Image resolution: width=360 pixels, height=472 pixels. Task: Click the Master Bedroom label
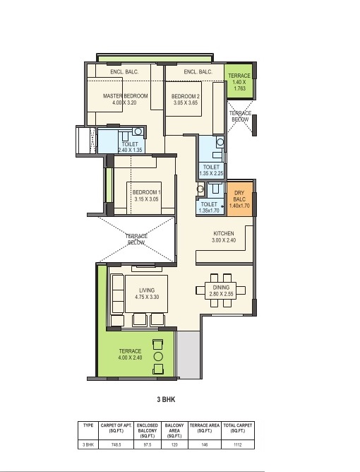tap(126, 96)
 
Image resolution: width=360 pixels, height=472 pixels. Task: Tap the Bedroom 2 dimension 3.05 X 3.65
tap(186, 102)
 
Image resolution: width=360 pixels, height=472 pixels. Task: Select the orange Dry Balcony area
tap(239, 199)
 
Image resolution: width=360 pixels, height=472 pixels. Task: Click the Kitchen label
tap(224, 233)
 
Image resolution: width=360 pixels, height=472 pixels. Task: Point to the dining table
tap(221, 290)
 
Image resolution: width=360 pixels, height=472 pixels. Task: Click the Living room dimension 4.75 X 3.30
tap(147, 297)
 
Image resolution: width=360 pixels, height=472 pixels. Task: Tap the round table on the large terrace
tap(158, 357)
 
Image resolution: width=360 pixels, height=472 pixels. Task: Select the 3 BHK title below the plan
tap(166, 399)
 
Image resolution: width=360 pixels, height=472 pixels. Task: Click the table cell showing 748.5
tap(116, 444)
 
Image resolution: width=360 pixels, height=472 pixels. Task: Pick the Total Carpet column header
tap(238, 428)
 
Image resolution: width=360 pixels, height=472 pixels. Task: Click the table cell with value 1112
tap(238, 444)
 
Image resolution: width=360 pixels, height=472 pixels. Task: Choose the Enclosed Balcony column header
tap(148, 431)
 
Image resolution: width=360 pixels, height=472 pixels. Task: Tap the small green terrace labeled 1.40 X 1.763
tap(239, 81)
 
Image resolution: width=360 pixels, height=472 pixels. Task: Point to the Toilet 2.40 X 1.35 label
tap(130, 147)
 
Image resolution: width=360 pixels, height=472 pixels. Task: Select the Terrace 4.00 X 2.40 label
tap(130, 354)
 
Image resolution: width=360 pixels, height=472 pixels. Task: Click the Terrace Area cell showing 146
tap(205, 444)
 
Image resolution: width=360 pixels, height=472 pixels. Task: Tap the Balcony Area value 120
tap(174, 444)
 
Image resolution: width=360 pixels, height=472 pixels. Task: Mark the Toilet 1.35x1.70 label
tap(209, 208)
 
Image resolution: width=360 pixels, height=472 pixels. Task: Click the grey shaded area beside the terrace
tap(188, 355)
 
